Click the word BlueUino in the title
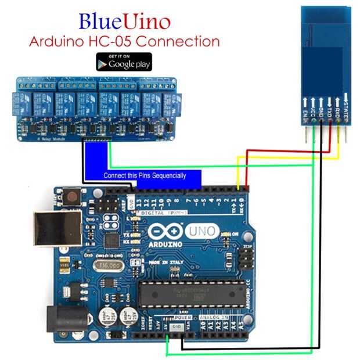[124, 21]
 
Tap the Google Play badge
[124, 62]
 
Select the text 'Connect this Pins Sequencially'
[145, 175]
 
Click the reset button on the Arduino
[72, 196]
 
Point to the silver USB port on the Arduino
[50, 229]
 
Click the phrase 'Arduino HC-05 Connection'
[124, 41]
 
